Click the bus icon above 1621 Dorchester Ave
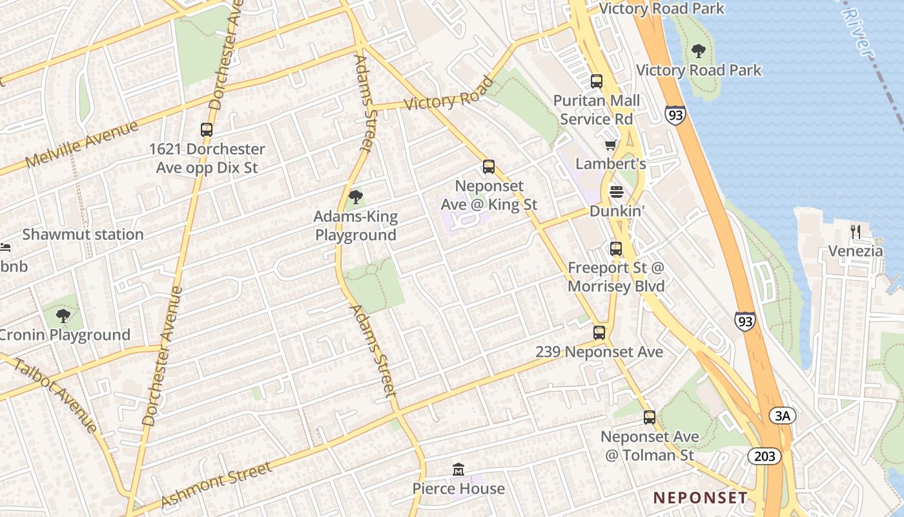207,130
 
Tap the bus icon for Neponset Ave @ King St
489,167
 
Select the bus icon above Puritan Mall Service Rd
597,81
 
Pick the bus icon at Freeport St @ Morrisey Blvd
616,248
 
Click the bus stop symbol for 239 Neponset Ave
599,333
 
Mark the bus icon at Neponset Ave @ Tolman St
650,417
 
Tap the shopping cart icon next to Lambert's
610,145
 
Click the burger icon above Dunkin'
617,192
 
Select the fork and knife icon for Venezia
856,232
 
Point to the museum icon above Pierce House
458,469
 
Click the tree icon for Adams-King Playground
355,197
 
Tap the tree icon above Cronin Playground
63,316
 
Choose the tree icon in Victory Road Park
698,50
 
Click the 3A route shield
782,416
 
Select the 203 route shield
765,456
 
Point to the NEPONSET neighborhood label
701,498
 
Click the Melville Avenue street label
82,144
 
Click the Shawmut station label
83,234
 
